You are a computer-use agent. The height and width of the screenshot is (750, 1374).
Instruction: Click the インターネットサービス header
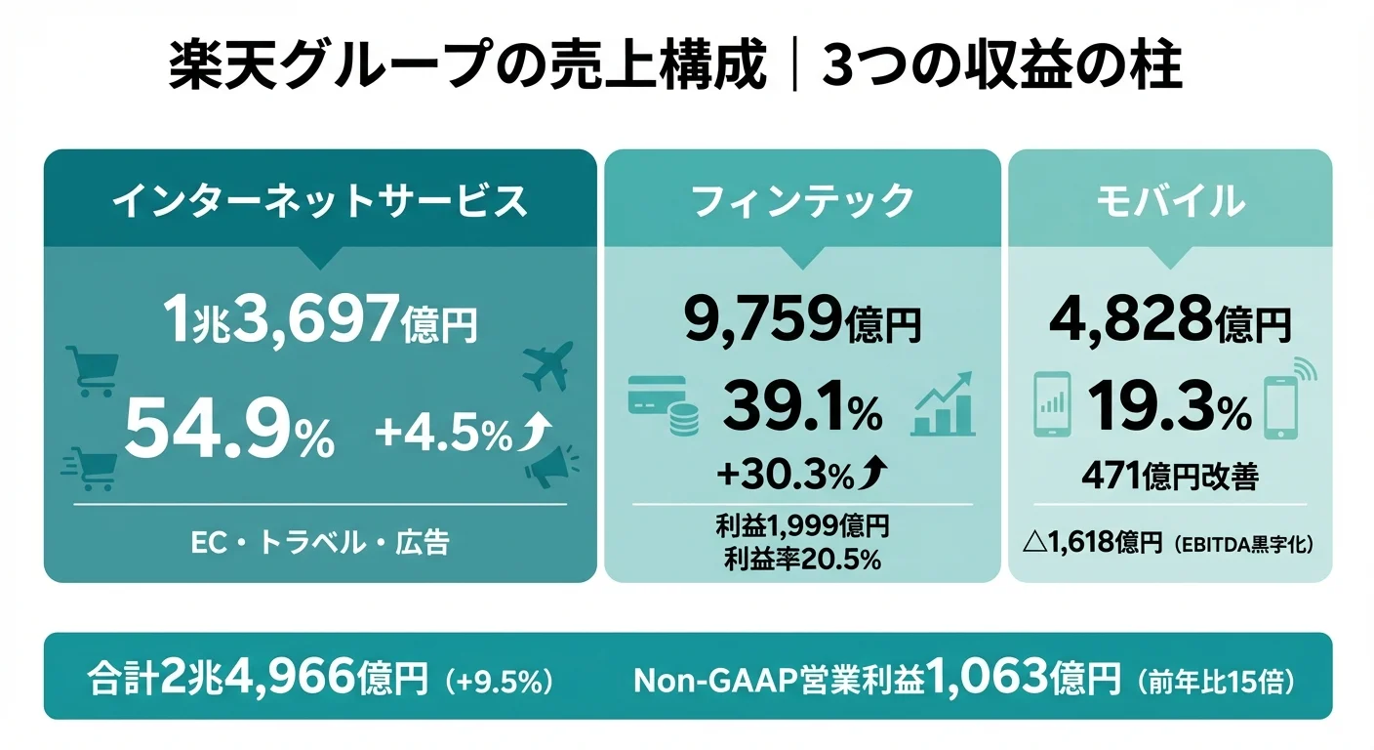(319, 201)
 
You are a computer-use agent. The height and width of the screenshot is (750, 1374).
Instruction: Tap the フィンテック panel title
(802, 201)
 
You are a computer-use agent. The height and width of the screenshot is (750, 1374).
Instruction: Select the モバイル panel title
(1169, 201)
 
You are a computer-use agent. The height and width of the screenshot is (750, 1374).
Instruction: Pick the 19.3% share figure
(1168, 408)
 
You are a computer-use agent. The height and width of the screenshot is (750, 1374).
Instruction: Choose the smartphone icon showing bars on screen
(1052, 404)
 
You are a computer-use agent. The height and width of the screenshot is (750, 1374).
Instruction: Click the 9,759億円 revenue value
(802, 321)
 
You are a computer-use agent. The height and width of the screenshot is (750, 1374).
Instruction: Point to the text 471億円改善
(1169, 477)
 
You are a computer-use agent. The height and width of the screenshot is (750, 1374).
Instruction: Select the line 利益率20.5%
(802, 560)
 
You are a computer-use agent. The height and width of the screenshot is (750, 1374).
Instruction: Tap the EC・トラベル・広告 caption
(319, 543)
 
